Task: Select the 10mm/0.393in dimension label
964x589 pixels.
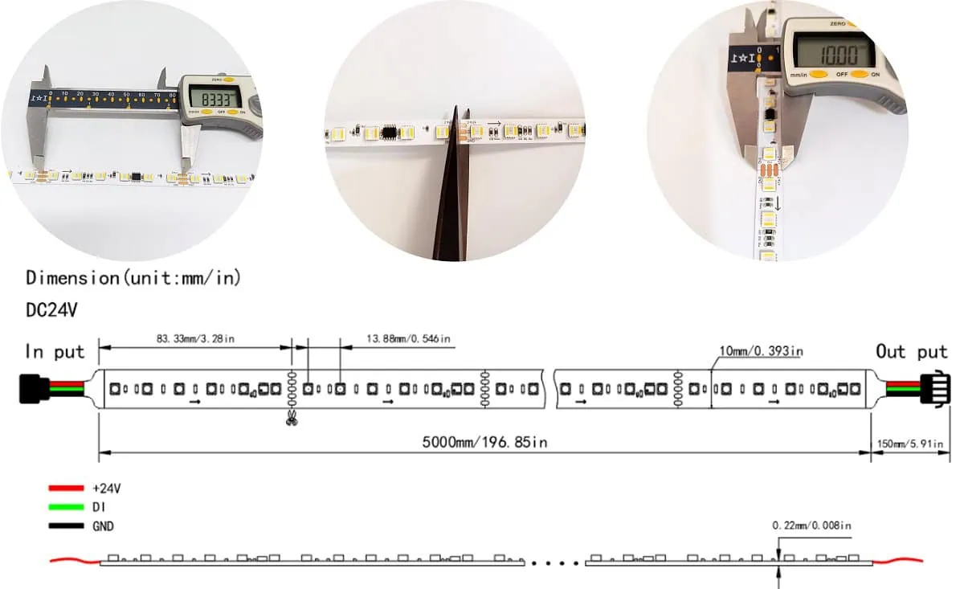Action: (759, 351)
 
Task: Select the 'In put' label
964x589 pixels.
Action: (55, 352)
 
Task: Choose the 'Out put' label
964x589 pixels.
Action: (911, 352)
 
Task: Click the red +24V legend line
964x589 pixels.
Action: (66, 488)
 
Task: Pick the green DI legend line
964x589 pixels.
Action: (66, 507)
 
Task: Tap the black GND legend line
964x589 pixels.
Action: (66, 526)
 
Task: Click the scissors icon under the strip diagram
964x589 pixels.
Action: (292, 418)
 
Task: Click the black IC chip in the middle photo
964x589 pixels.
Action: (390, 131)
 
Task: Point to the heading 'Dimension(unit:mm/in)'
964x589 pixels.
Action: (133, 279)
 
